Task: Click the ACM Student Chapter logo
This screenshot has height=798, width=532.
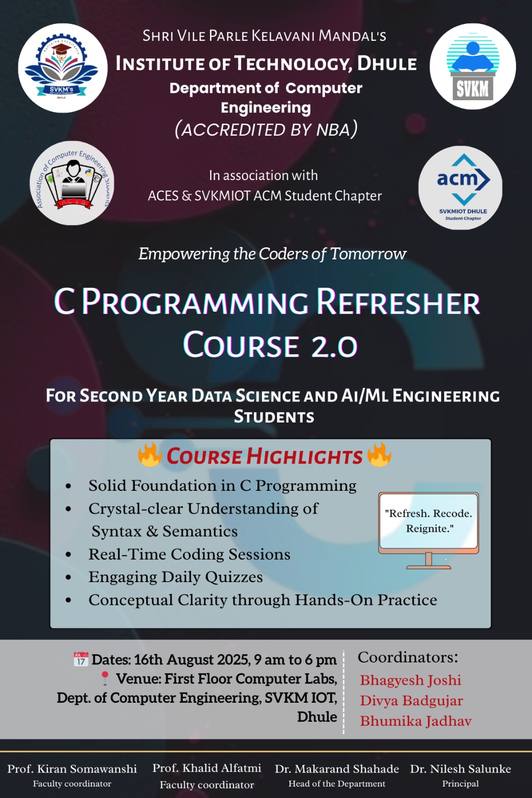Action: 460,188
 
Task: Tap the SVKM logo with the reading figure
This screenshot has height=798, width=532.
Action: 473,66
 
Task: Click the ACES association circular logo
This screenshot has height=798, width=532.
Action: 72,183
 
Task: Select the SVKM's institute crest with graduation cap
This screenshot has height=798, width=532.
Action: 63,68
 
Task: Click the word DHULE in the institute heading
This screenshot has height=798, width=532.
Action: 387,64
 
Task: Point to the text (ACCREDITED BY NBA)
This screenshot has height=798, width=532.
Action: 266,129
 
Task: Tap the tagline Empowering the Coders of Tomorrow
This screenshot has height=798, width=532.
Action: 272,254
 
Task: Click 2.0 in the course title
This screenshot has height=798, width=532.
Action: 334,346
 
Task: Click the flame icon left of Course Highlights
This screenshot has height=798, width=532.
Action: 150,454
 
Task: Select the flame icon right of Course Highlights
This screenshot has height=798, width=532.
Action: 379,454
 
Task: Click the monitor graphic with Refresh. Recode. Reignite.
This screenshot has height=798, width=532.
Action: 429,529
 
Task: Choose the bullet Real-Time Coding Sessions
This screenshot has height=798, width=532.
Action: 189,554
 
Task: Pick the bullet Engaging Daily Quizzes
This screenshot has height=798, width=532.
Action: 175,577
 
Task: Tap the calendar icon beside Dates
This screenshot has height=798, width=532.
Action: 81,659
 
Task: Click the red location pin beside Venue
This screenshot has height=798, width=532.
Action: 105,678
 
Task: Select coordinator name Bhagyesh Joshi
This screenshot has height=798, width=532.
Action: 410,680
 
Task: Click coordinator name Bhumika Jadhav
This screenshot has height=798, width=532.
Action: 415,721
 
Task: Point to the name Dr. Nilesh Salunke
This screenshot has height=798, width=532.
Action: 460,769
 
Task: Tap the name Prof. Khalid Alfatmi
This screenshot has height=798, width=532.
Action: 207,768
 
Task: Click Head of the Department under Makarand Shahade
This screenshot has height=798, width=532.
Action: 337,784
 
